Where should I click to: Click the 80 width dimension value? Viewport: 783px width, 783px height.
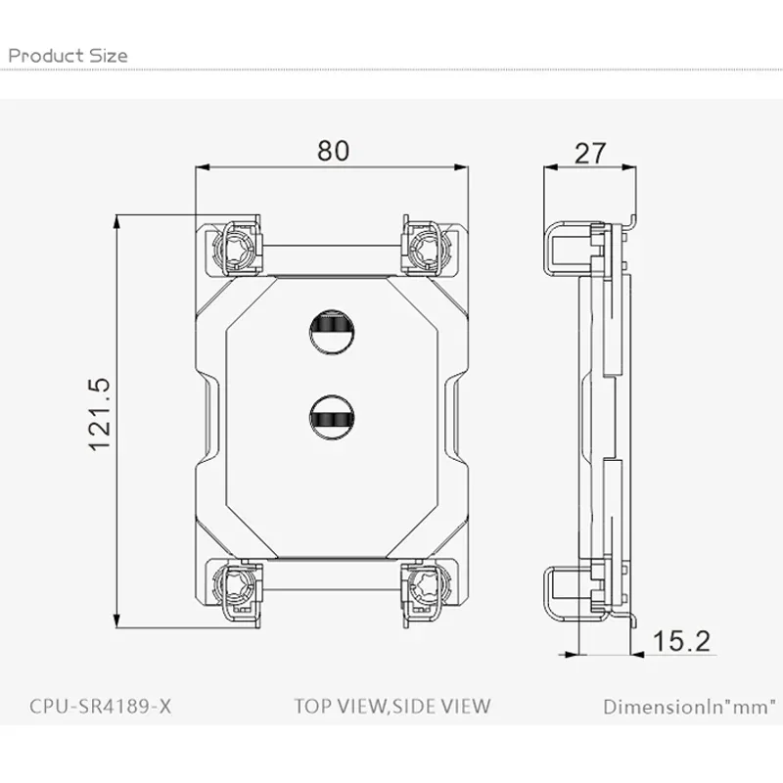coord(333,151)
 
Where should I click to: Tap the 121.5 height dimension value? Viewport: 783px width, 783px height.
coord(100,415)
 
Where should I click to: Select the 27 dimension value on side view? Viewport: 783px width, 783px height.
coord(590,154)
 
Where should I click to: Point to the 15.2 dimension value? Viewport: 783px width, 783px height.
coord(681,641)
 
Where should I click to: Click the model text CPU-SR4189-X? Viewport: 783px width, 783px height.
coord(101,706)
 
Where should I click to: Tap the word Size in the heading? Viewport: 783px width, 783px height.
coord(109,55)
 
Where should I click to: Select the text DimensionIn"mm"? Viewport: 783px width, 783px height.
coord(690,707)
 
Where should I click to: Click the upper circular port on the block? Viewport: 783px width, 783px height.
coord(332,332)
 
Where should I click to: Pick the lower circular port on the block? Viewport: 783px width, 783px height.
coord(332,417)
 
